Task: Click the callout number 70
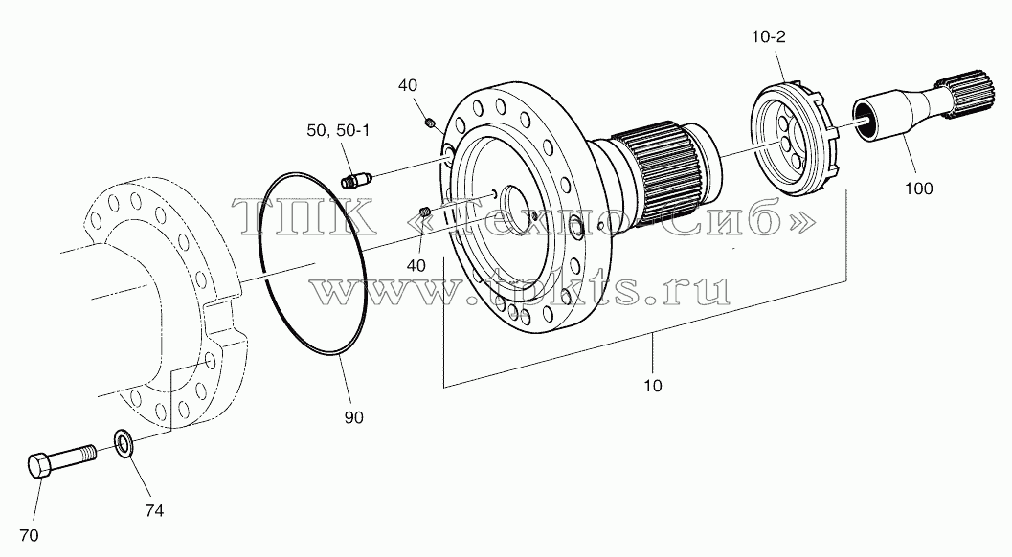click(x=29, y=535)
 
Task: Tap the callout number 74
click(x=153, y=510)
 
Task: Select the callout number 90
click(x=353, y=417)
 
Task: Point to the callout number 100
click(x=918, y=189)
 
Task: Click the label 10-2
click(x=768, y=36)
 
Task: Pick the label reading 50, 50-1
click(x=338, y=130)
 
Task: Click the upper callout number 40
click(x=407, y=85)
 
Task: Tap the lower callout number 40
click(x=416, y=265)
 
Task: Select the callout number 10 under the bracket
click(x=653, y=386)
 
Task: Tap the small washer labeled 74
click(x=123, y=444)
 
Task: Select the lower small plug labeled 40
click(x=425, y=212)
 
